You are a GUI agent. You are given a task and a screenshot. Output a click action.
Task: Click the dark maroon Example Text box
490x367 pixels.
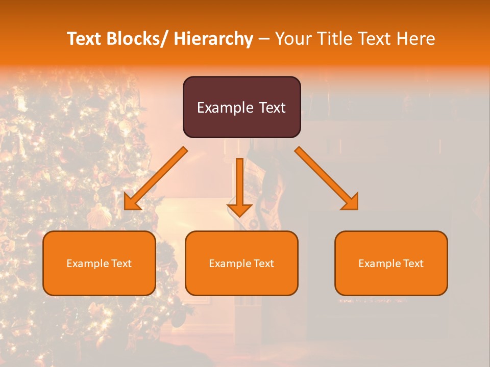[x=241, y=107]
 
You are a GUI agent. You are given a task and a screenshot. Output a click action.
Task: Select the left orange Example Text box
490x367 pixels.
[x=99, y=263]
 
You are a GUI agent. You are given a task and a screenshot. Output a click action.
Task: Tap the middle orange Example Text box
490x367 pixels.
[x=241, y=263]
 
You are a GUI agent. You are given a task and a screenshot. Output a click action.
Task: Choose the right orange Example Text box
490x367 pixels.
[x=391, y=263]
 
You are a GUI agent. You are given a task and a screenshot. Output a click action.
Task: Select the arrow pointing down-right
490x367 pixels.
[x=327, y=178]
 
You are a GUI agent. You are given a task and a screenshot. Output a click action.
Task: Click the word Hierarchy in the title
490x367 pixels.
[x=213, y=39]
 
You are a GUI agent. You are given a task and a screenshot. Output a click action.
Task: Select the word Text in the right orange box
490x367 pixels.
[x=413, y=263]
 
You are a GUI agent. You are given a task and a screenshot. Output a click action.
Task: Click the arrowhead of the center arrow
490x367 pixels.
[x=239, y=210]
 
